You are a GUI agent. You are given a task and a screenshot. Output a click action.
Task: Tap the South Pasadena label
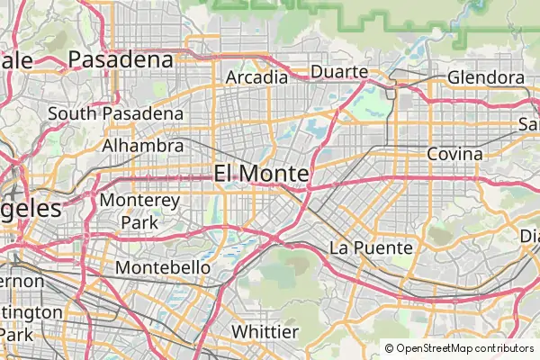(x=115, y=114)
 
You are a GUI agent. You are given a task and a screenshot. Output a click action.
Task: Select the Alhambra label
(x=142, y=145)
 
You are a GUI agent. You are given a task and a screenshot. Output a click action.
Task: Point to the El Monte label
(x=261, y=173)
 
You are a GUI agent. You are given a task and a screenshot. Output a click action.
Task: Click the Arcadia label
(x=256, y=76)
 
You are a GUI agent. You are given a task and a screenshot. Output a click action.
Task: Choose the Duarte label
(x=338, y=72)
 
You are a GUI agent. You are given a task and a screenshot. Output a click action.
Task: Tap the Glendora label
(x=485, y=77)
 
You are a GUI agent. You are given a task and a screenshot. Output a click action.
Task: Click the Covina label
(x=454, y=154)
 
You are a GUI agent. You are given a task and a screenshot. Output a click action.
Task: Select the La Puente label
(x=371, y=247)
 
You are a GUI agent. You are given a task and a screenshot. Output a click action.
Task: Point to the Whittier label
(x=265, y=332)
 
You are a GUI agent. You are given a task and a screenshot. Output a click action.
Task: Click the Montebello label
(x=163, y=268)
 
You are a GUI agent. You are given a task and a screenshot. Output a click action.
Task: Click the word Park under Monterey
(x=139, y=221)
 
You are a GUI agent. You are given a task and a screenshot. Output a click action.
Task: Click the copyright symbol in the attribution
(x=389, y=348)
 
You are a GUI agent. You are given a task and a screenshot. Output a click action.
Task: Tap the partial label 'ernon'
(x=22, y=281)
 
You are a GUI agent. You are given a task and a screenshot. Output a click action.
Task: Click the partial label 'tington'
(x=31, y=312)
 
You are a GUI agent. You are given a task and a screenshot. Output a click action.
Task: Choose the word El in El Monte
(x=225, y=173)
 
